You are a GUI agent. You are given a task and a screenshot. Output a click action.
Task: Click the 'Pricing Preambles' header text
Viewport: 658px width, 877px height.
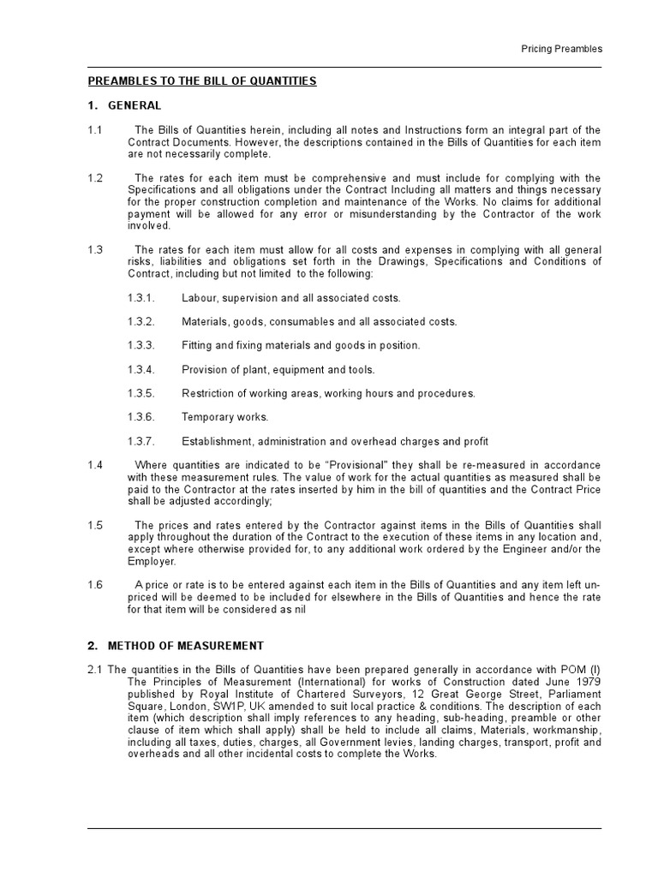(x=561, y=49)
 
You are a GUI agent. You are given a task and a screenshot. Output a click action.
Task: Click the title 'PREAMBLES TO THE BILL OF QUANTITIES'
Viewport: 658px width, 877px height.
(x=202, y=81)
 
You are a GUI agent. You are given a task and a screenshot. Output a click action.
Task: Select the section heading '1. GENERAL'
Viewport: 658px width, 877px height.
(x=124, y=105)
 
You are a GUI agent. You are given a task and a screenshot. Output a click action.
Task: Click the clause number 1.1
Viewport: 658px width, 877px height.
(x=95, y=130)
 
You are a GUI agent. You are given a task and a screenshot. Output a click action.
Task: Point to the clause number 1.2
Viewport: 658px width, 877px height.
(x=95, y=178)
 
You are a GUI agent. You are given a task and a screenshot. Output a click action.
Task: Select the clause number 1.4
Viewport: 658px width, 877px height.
(x=95, y=464)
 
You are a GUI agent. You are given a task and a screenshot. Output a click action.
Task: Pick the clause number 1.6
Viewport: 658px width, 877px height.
(x=95, y=585)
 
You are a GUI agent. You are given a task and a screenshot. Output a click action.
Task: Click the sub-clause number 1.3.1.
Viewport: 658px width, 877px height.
(x=141, y=298)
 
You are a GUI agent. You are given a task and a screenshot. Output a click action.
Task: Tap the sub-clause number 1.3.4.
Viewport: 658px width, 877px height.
(x=141, y=370)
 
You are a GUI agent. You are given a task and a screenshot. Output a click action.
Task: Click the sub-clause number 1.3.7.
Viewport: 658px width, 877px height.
(x=141, y=442)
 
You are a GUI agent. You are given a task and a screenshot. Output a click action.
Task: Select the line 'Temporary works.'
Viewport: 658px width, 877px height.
(x=224, y=418)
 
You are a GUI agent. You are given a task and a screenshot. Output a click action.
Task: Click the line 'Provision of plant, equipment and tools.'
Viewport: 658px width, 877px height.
(x=278, y=370)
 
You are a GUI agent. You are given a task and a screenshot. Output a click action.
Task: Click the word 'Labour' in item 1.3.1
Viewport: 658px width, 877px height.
(x=198, y=298)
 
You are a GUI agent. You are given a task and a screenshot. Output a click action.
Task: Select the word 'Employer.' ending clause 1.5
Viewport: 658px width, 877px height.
(x=152, y=561)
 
